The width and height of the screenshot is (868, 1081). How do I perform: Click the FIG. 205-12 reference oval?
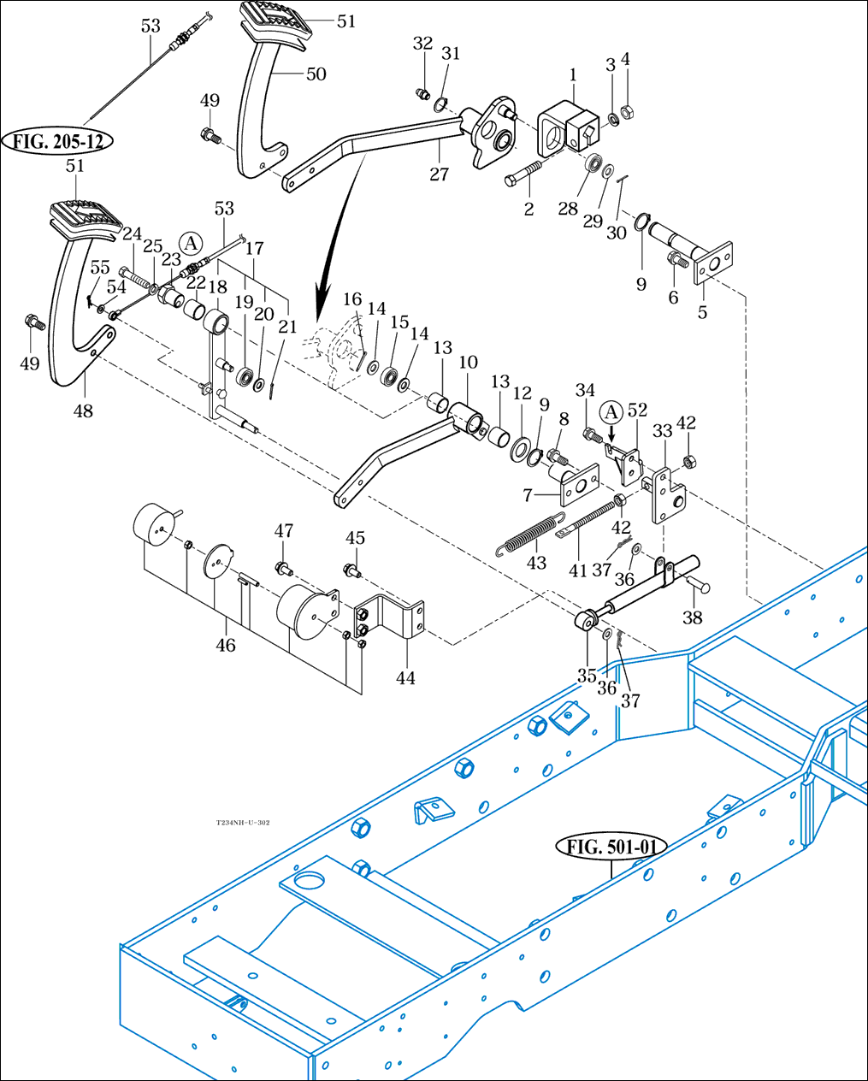[x=58, y=141]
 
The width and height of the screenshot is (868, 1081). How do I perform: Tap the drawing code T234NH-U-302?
[x=243, y=823]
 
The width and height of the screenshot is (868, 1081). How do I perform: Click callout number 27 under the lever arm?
[x=439, y=174]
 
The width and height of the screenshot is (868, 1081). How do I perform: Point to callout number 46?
[x=225, y=645]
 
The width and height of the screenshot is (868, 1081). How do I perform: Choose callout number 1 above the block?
[x=572, y=75]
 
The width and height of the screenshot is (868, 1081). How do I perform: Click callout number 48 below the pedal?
[x=82, y=411]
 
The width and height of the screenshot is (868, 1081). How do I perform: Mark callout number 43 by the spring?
[x=536, y=564]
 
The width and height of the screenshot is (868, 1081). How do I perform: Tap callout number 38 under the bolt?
[x=692, y=617]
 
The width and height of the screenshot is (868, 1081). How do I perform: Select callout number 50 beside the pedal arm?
[x=316, y=74]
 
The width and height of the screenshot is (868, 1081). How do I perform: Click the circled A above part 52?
[x=611, y=412]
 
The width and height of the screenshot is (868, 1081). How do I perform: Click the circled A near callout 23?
[x=191, y=242]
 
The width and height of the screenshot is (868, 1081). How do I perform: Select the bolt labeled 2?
[x=523, y=174]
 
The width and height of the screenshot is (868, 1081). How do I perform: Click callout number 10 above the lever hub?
[x=468, y=363]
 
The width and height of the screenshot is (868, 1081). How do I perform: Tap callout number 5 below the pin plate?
[x=702, y=312]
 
